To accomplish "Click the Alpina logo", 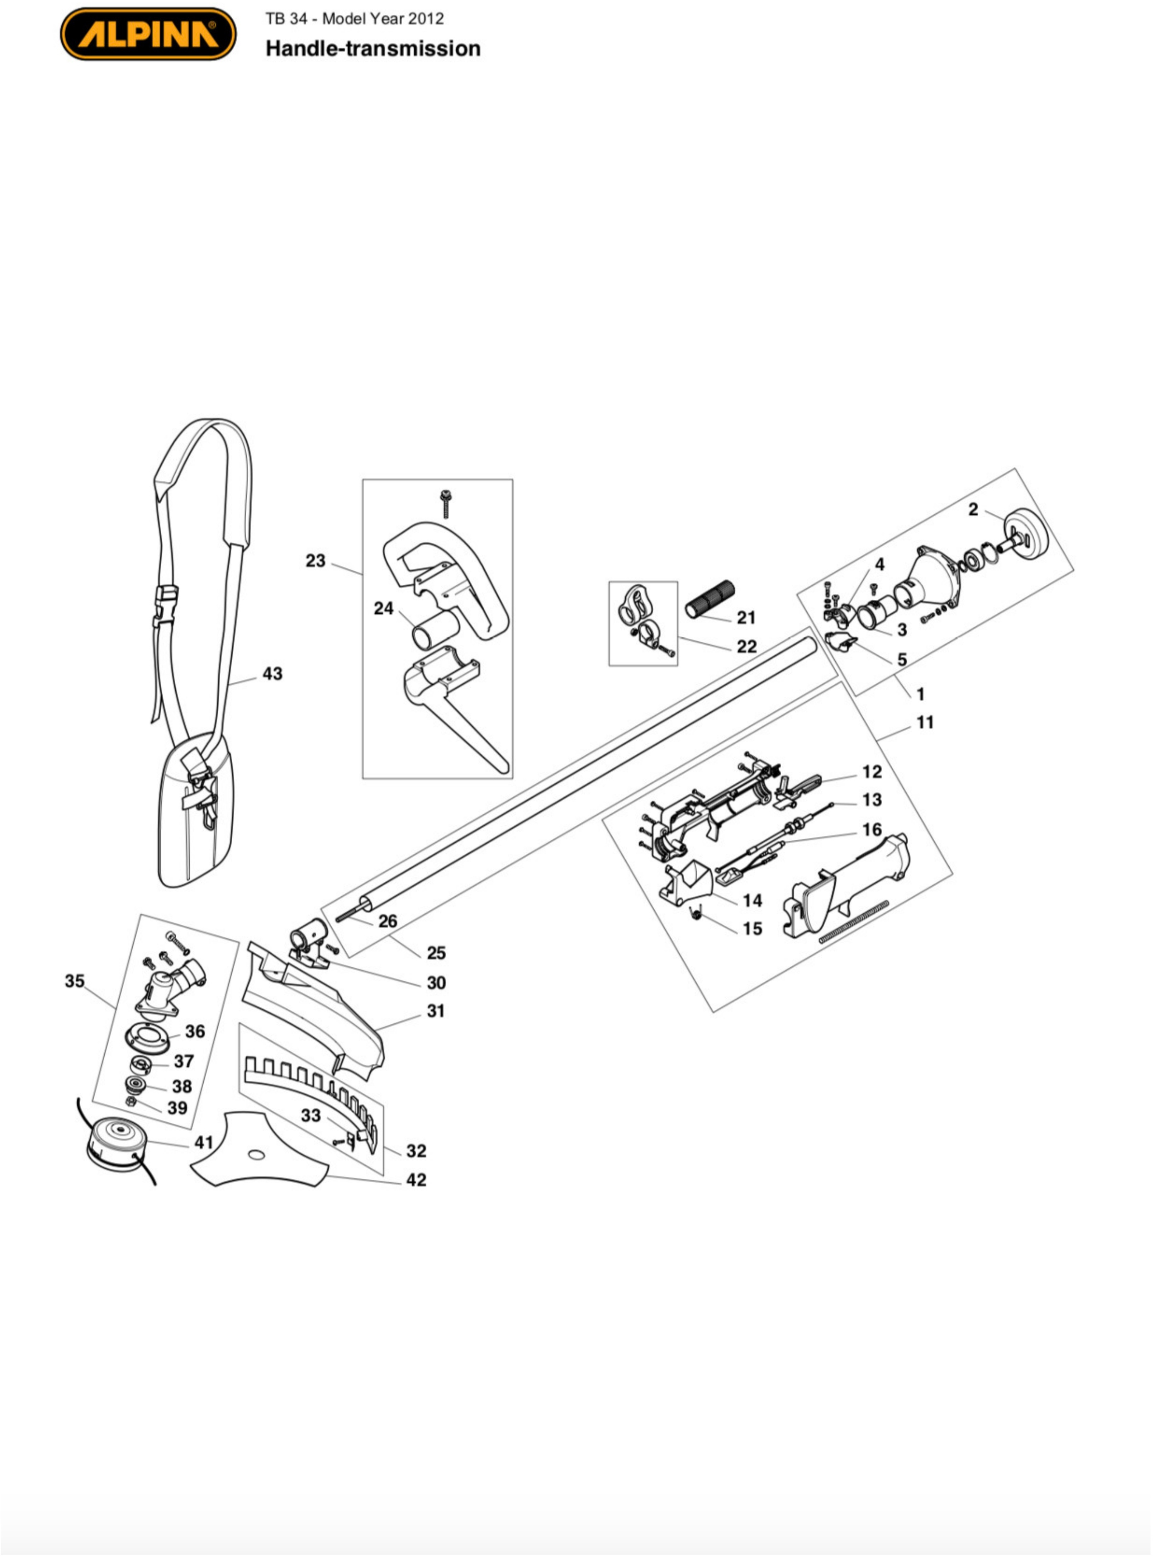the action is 148,33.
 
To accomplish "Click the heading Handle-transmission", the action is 373,49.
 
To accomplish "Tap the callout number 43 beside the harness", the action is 272,674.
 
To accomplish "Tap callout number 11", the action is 925,722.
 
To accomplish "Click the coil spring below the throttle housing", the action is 853,921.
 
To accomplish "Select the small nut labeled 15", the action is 695,914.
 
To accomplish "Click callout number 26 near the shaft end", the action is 387,921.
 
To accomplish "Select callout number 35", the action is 75,981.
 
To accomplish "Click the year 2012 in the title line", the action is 426,19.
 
